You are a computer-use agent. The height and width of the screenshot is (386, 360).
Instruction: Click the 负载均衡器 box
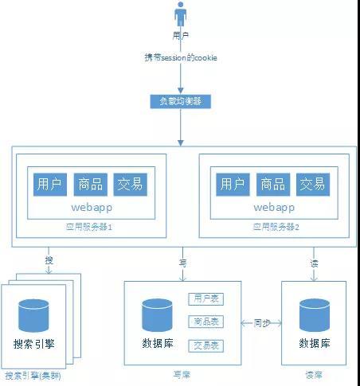click(181, 102)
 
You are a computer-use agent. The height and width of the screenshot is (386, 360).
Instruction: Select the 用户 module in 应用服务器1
click(49, 185)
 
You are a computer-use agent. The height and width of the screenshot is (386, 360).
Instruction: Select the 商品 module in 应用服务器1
click(89, 185)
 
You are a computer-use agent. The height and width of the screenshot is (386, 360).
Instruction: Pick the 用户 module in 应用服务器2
click(232, 185)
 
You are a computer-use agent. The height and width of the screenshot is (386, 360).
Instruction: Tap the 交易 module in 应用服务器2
click(311, 185)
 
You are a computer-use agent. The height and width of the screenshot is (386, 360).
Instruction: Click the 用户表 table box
click(206, 298)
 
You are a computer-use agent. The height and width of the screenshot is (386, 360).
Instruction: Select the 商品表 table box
click(206, 322)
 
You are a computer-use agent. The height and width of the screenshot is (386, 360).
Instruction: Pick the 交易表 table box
click(206, 345)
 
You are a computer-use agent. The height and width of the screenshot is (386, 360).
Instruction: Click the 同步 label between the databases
click(262, 323)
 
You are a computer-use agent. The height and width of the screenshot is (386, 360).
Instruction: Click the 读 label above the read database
click(313, 262)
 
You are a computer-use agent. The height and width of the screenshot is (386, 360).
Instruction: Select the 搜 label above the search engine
click(49, 262)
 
